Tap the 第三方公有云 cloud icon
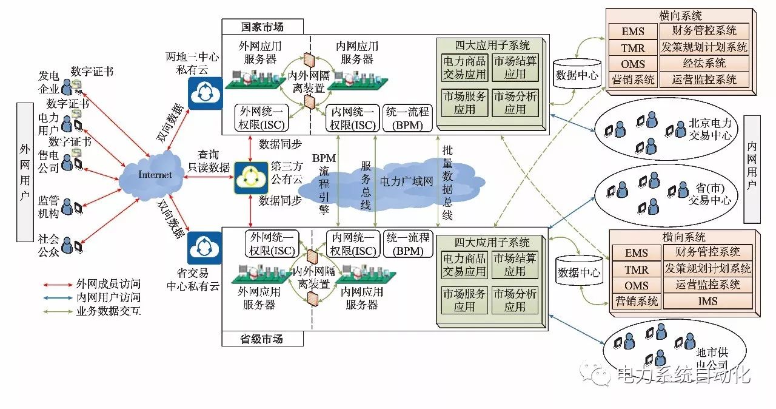251,177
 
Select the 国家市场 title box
261,27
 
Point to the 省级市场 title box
261,339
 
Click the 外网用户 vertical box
25,172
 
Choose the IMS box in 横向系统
707,301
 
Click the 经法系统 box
704,63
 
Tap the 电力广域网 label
406,181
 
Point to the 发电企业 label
48,83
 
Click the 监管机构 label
48,207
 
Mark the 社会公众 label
48,244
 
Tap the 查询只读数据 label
210,161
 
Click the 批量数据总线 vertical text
447,182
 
